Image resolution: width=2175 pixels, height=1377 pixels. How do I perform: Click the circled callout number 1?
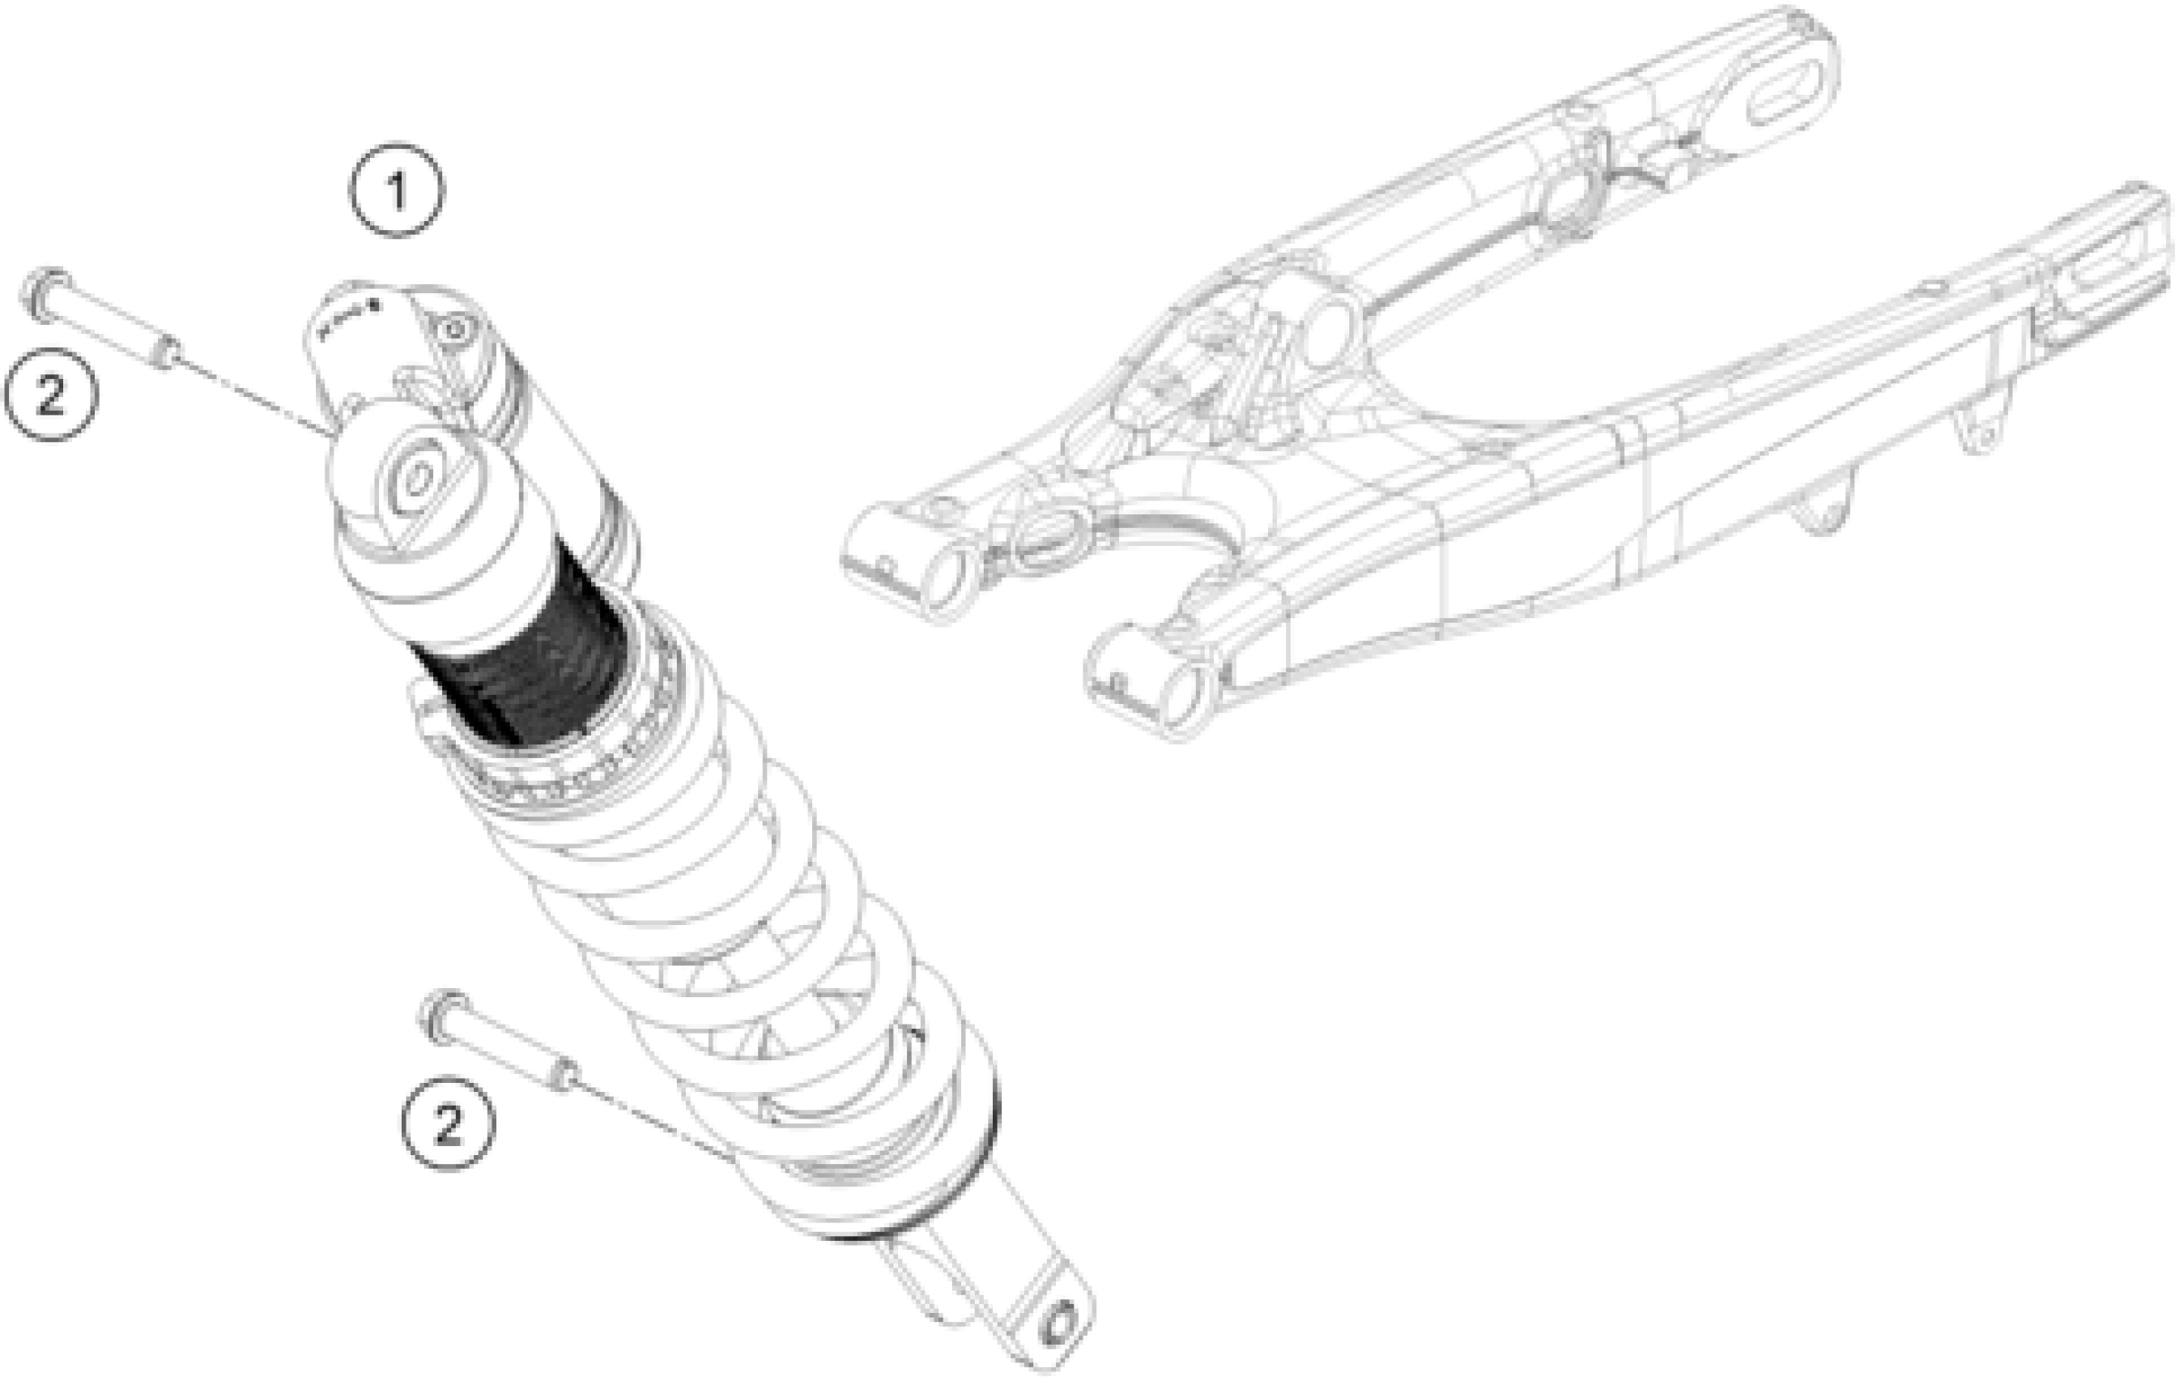(398, 190)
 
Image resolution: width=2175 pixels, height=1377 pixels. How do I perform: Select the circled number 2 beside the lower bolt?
(448, 1123)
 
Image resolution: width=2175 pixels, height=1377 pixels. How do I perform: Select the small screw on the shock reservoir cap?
(454, 330)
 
